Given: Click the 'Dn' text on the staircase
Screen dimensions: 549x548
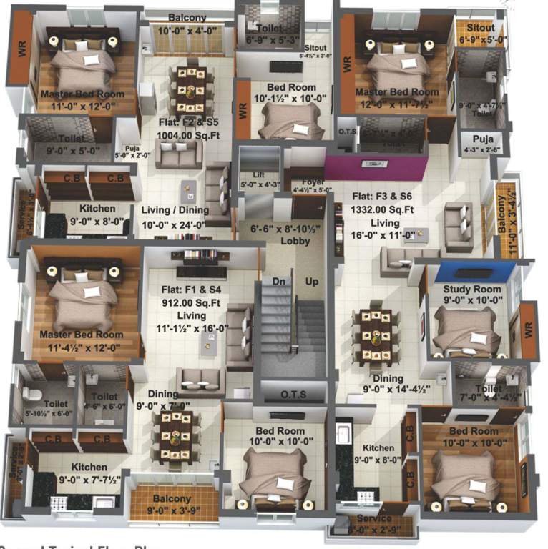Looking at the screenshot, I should tap(278, 282).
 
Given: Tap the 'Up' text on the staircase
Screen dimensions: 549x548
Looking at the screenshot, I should tap(312, 282).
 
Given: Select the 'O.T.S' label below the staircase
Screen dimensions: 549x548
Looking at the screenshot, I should tap(294, 394).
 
